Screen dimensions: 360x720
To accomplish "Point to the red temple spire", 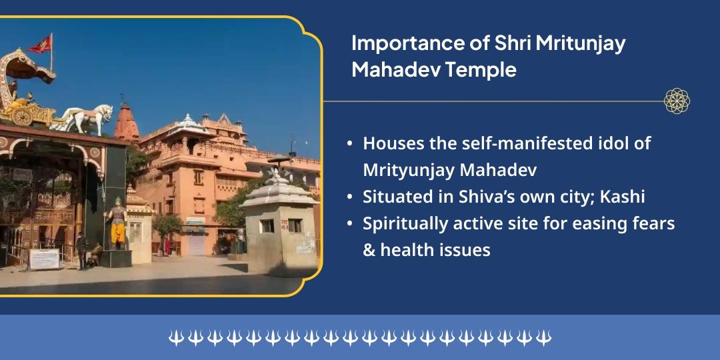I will (x=126, y=123).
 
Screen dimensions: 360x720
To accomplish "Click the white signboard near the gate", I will (x=44, y=259).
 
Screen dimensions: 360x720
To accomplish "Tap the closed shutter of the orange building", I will (x=197, y=243).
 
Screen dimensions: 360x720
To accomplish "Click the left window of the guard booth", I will (x=267, y=226).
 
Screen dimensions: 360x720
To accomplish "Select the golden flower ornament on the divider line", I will (x=677, y=101).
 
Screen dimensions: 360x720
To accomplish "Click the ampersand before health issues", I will (x=369, y=251).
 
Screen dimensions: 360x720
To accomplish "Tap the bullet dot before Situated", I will (x=351, y=198).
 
